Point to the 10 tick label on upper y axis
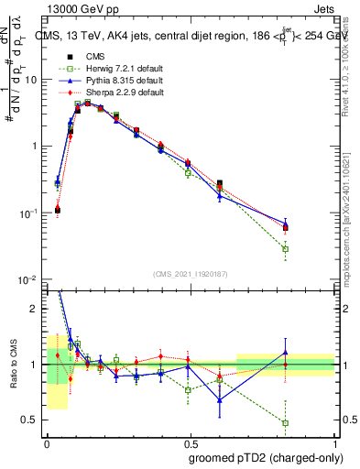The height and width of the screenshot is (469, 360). coord(31,80)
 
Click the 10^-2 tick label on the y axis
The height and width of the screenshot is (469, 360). coord(28,279)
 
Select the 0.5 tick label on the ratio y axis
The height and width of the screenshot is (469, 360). coord(30,420)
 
